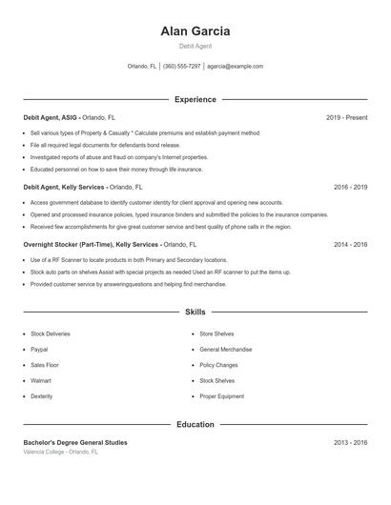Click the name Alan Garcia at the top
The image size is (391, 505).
(195, 30)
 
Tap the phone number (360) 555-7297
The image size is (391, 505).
(181, 67)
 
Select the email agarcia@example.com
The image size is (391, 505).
(235, 67)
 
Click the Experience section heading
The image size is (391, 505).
(195, 99)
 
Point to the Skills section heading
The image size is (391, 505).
(195, 312)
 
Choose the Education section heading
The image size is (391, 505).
(195, 424)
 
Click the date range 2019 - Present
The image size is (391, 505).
(346, 117)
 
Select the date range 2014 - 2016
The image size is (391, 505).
(350, 245)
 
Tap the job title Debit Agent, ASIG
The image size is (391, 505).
(51, 117)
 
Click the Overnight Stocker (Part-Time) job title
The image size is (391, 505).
(90, 245)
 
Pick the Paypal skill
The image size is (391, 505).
(39, 350)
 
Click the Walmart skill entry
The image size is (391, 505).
(41, 380)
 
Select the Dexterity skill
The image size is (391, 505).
(42, 395)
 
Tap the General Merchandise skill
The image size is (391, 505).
(226, 350)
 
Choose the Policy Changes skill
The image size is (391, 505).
(218, 365)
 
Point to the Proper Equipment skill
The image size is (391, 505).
(221, 395)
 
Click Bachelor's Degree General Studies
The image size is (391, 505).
(75, 443)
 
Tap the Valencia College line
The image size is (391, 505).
(60, 452)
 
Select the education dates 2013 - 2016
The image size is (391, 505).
(350, 443)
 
